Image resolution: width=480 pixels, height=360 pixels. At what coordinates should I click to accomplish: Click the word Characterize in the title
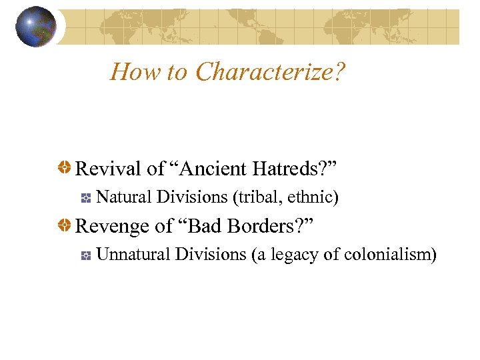pyautogui.click(x=270, y=71)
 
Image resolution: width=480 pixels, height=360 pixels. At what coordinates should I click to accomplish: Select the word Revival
pyautogui.click(x=109, y=169)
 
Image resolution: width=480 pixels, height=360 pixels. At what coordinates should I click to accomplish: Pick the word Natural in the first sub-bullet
pyautogui.click(x=123, y=197)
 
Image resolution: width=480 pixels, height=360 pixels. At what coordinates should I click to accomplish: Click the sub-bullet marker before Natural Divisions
pyautogui.click(x=85, y=198)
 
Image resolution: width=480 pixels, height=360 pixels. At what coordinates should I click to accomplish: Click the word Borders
pyautogui.click(x=270, y=226)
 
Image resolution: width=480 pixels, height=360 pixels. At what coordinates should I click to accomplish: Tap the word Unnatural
pyautogui.click(x=132, y=254)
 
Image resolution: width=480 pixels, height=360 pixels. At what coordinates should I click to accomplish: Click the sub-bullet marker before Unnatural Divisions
pyautogui.click(x=85, y=255)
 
